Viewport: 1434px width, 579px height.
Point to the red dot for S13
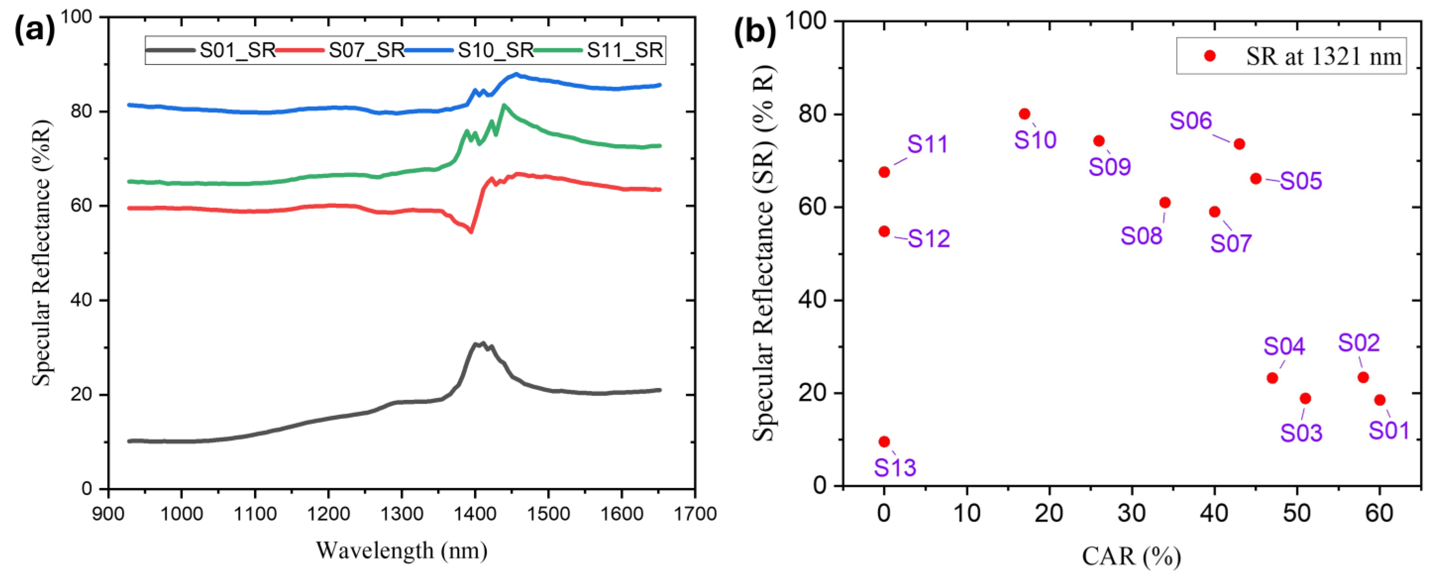(x=884, y=442)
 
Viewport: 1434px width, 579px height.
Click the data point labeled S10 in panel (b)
(x=1024, y=114)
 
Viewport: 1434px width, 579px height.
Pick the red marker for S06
(x=1239, y=144)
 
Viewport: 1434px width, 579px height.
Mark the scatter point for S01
(x=1380, y=400)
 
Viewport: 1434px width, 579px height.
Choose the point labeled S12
(x=884, y=231)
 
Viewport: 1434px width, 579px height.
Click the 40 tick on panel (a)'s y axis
(x=81, y=300)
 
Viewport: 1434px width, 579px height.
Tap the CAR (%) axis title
(x=1131, y=556)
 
